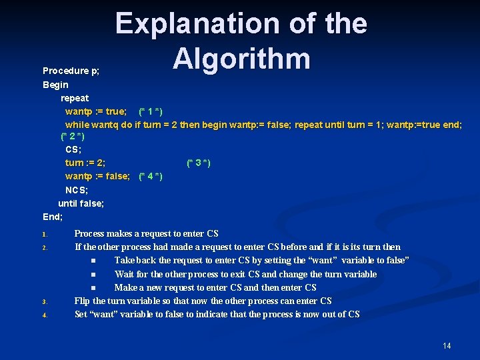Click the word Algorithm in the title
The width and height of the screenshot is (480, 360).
[x=241, y=58]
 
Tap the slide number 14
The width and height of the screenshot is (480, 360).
[x=447, y=345]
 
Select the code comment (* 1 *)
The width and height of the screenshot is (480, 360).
[x=151, y=111]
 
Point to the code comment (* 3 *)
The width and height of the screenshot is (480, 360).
[x=199, y=163]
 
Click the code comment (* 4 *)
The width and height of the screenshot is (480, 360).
[x=151, y=176]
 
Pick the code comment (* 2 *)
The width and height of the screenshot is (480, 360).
[x=72, y=137]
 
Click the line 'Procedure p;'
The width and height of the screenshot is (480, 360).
[x=71, y=71]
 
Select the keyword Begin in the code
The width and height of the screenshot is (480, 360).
[x=55, y=85]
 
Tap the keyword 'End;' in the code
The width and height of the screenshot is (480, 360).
[x=53, y=217]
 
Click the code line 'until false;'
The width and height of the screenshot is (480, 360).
[x=81, y=203]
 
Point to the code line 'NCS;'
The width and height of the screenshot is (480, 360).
[x=77, y=190]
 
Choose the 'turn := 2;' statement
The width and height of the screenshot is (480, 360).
[x=85, y=163]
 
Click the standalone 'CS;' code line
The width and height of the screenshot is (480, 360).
[x=73, y=150]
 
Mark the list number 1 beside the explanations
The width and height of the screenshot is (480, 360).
[x=44, y=235]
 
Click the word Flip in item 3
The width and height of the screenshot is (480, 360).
[x=82, y=301]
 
